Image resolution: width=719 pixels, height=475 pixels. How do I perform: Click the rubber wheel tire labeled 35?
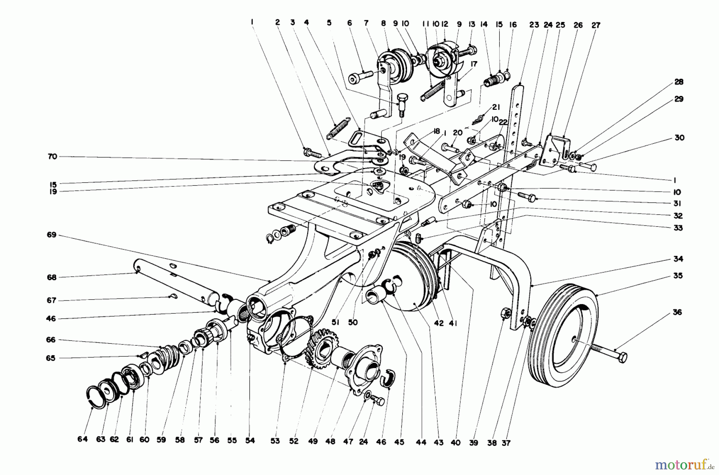click(x=561, y=343)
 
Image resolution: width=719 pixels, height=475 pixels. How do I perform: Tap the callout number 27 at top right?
click(x=596, y=25)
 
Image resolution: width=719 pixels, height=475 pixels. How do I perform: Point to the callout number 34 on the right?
click(x=678, y=259)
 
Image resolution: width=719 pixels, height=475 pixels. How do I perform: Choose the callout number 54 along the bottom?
click(x=250, y=441)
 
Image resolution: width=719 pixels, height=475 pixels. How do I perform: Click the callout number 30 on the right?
click(x=679, y=138)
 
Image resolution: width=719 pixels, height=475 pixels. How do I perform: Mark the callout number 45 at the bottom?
click(x=399, y=442)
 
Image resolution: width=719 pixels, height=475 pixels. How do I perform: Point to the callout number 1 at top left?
click(x=252, y=23)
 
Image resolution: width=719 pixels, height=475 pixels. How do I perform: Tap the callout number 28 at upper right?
click(x=679, y=82)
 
